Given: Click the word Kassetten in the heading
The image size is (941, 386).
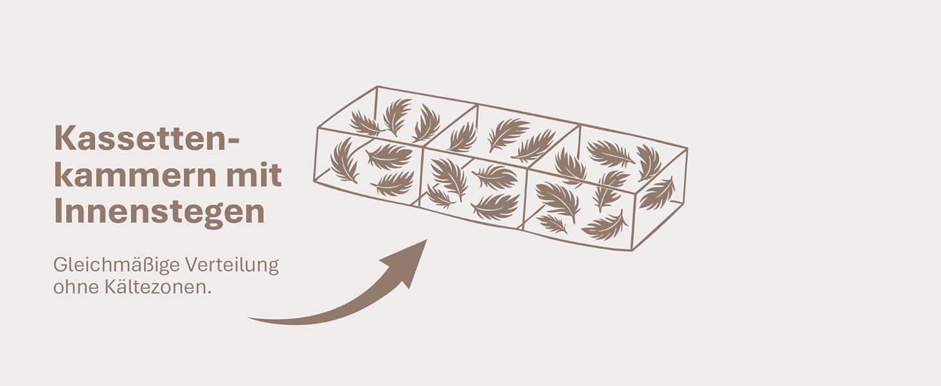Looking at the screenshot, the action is [x=141, y=138].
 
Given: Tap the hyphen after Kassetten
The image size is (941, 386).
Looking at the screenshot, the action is [x=233, y=140].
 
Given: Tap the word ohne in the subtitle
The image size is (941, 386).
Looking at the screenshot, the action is [x=75, y=288].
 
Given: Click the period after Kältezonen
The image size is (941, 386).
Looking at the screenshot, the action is [x=209, y=293].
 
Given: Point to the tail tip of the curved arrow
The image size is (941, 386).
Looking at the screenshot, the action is [x=249, y=318].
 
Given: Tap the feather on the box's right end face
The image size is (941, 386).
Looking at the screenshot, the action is [x=658, y=194].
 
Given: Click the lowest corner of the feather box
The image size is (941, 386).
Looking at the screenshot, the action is [x=632, y=251].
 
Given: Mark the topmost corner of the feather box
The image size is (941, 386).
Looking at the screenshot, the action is [x=377, y=86].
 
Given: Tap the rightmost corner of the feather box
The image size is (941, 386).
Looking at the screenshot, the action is [x=687, y=148].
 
